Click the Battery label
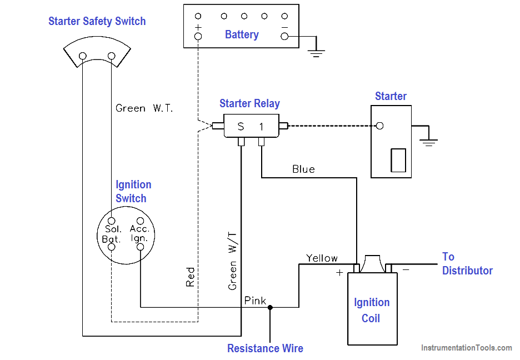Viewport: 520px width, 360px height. [242, 34]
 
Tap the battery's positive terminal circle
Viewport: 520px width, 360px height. [198, 37]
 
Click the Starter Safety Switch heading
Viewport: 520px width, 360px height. [97, 21]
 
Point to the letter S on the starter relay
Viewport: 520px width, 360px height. [241, 127]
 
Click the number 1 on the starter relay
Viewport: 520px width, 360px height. [261, 127]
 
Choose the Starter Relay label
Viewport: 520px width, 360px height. [249, 103]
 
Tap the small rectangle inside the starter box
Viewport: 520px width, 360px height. [398, 160]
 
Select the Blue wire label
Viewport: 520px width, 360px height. [303, 169]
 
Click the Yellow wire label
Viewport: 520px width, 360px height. [322, 258]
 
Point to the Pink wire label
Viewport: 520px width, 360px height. [255, 301]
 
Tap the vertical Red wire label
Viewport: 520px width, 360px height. [191, 277]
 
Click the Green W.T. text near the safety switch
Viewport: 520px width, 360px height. [144, 108]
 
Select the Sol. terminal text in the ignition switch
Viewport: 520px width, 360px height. [113, 229]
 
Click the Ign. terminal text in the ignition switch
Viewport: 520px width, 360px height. [139, 238]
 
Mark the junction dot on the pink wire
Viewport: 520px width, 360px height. [270, 307]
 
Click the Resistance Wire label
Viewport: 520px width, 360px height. [265, 348]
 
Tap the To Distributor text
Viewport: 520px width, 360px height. [467, 263]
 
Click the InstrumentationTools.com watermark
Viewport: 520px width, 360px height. [466, 348]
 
